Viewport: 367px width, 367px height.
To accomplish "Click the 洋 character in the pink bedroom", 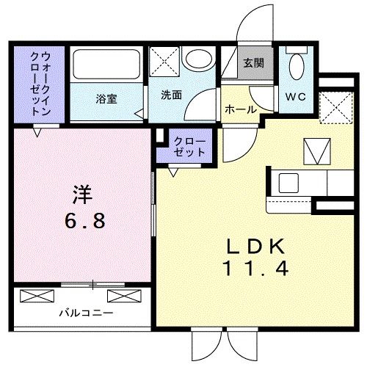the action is (x=82, y=195).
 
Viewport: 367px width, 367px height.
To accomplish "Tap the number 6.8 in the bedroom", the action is (x=85, y=220).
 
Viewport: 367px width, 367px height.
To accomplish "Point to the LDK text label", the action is (x=256, y=247).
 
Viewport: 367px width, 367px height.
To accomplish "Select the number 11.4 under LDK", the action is (x=256, y=269).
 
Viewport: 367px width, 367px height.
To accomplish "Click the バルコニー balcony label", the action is (x=87, y=313).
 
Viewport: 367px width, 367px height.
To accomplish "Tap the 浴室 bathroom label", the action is (x=106, y=99).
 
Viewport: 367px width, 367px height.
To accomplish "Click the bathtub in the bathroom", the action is (x=106, y=64).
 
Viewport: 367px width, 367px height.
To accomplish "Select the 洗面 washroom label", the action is (x=171, y=95).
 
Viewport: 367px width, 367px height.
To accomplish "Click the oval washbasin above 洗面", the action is (x=199, y=59).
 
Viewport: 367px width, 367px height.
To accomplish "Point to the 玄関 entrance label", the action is (x=254, y=63).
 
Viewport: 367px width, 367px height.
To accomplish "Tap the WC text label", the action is (x=296, y=97).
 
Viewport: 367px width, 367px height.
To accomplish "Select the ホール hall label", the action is (x=241, y=109).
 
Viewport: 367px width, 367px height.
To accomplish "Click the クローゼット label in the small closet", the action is (x=189, y=147).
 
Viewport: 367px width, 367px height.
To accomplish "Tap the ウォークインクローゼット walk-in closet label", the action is (x=40, y=84).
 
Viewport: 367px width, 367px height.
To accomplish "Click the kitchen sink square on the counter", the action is (x=288, y=183).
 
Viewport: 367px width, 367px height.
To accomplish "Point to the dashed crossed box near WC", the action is (x=337, y=108).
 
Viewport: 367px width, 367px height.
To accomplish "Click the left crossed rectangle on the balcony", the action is (x=37, y=296).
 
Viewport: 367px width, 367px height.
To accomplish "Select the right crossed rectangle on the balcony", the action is (x=125, y=296).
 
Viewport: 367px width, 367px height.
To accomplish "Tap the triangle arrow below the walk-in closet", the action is (x=37, y=132).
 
